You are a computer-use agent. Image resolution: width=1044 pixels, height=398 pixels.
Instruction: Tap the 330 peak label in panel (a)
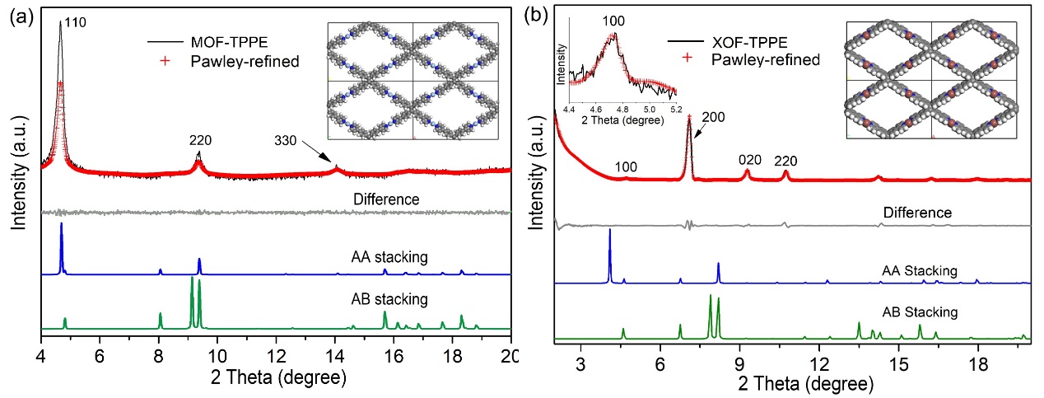pyautogui.click(x=288, y=141)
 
